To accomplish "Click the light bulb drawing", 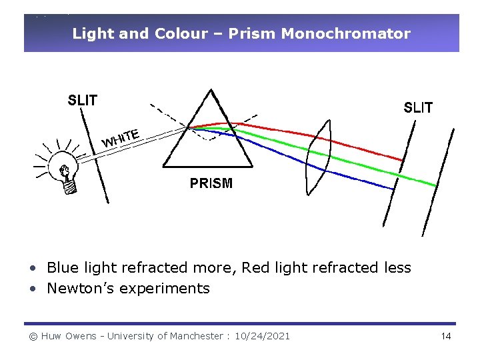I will [x=65, y=175].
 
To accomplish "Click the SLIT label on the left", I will [x=83, y=101].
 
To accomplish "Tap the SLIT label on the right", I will [x=418, y=107].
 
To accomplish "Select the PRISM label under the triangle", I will [x=211, y=183].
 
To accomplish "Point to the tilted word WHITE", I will [x=121, y=138].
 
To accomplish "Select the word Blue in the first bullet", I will [x=61, y=268].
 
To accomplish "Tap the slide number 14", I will [x=446, y=336].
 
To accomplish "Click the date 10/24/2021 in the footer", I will [x=263, y=336].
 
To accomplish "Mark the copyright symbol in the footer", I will [x=33, y=336].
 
